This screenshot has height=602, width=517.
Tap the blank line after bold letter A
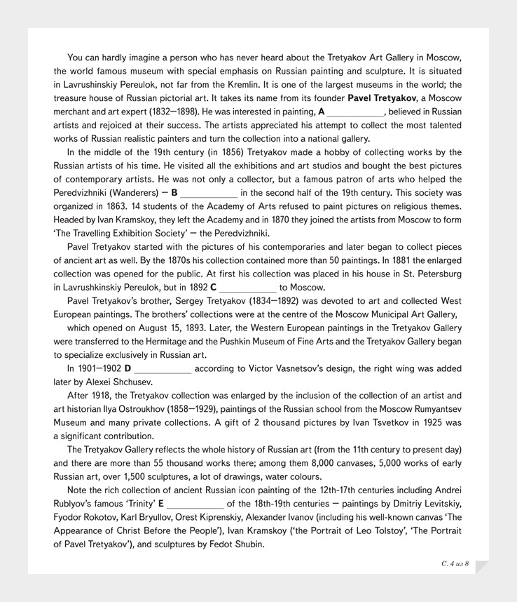point(355,112)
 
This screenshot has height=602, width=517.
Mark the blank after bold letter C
point(248,288)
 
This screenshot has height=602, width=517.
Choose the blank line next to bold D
point(163,368)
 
